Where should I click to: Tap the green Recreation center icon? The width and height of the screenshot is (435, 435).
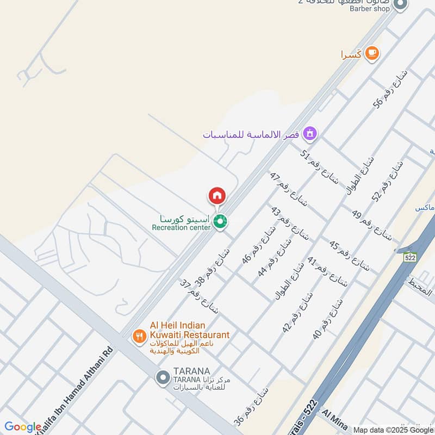pyautogui.click(x=220, y=221)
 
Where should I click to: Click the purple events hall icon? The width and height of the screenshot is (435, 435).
pyautogui.click(x=310, y=133)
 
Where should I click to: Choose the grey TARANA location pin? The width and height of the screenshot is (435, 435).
pyautogui.click(x=162, y=377)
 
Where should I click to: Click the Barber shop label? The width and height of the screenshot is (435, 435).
pyautogui.click(x=370, y=9)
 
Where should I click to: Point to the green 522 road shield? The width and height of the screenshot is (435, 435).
pyautogui.click(x=410, y=258)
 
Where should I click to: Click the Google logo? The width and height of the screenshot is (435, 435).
pyautogui.click(x=22, y=427)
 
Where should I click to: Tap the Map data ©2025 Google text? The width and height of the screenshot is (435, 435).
pyautogui.click(x=394, y=430)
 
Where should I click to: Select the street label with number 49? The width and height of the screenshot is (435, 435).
pyautogui.click(x=371, y=225)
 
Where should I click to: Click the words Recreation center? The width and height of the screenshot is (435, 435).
pyautogui.click(x=181, y=227)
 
